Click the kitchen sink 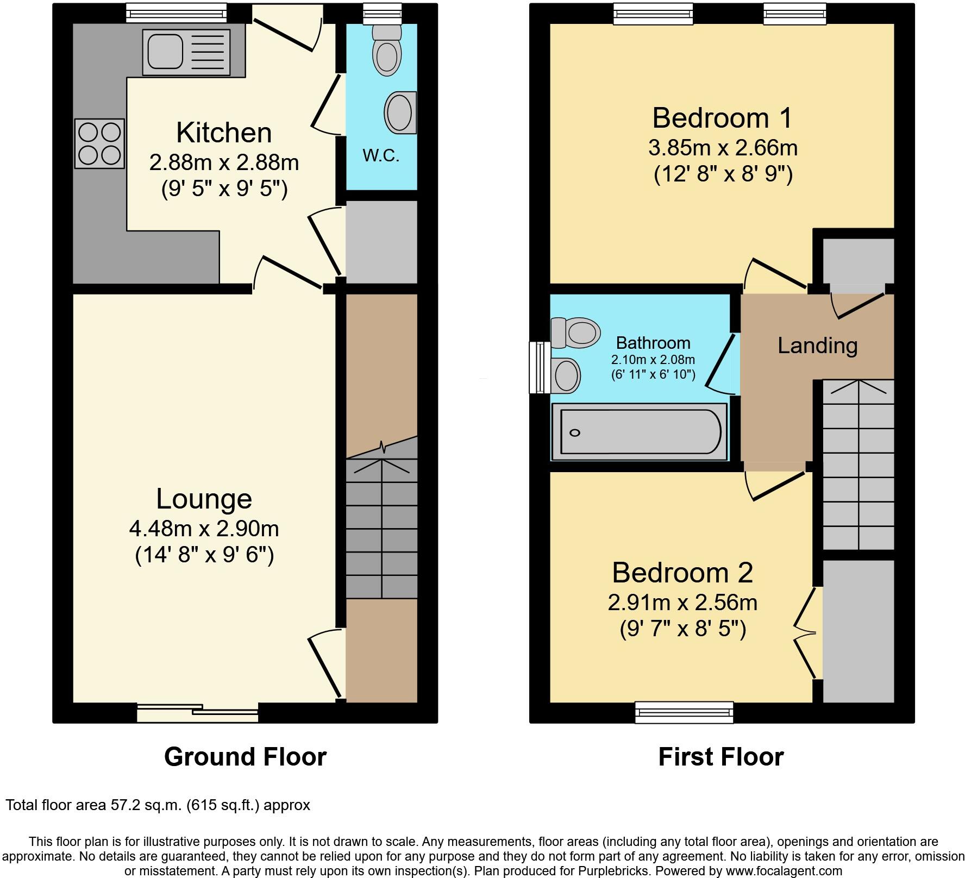pos(186,52)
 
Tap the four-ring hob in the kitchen pos(99,143)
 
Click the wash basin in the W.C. pos(400,112)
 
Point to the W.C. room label pos(381,156)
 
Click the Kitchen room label pos(224,133)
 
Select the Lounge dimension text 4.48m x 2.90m pos(204,528)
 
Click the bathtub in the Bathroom pos(640,432)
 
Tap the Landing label pos(817,346)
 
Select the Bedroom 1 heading pos(722,118)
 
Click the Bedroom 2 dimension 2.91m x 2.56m pos(682,603)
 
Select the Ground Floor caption pos(245,757)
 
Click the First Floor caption pos(720,757)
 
